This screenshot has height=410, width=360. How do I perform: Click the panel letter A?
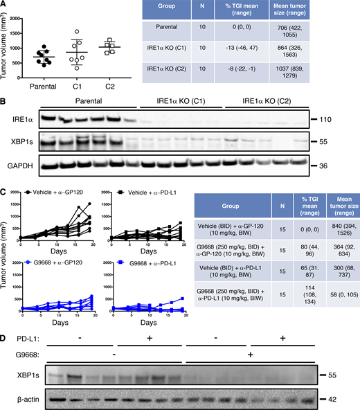(x=6, y=5)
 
